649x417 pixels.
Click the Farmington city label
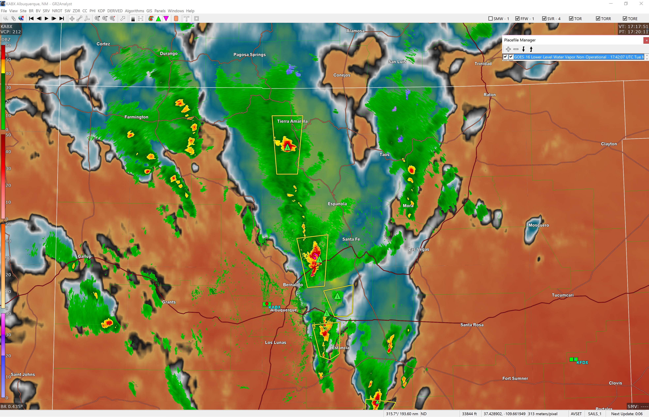click(136, 117)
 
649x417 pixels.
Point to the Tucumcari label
click(562, 295)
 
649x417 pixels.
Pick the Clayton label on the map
click(609, 144)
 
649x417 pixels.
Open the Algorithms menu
click(134, 11)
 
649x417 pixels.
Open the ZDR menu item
click(76, 11)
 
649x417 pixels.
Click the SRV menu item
click(46, 11)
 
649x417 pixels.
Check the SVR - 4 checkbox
click(544, 19)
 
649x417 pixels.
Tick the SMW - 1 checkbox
click(490, 19)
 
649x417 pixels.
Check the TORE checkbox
click(625, 19)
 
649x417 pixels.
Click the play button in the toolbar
click(46, 19)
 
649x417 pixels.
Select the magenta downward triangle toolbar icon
click(166, 19)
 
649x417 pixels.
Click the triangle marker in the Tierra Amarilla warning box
click(287, 148)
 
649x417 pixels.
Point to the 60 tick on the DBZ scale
click(8, 46)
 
